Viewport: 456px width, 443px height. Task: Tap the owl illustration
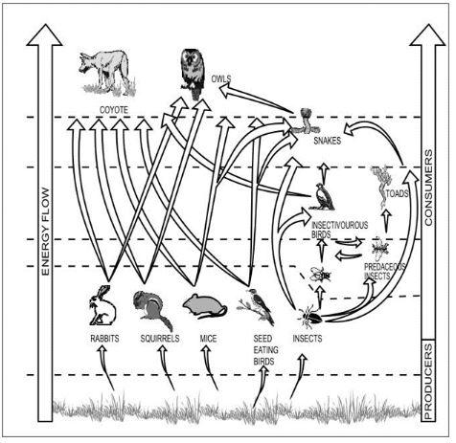pos(193,74)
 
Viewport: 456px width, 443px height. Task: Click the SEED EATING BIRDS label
pos(262,349)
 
